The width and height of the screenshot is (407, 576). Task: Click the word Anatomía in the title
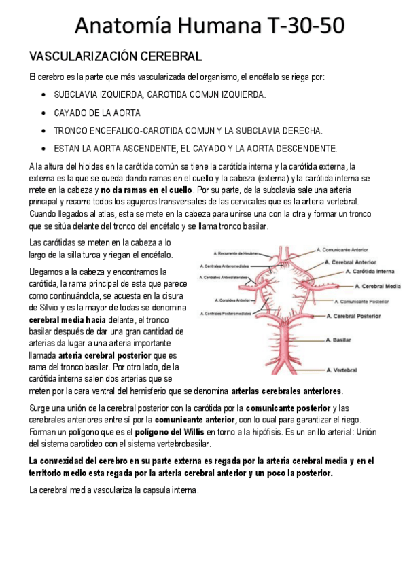coord(128,25)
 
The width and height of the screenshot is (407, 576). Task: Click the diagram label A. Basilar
coord(339,340)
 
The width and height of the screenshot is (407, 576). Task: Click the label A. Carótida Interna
coord(368,271)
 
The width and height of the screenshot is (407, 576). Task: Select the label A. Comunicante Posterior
coord(364,301)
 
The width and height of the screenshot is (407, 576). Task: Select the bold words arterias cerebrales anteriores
coord(287,391)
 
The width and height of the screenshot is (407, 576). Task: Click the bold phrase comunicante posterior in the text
coord(287,408)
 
